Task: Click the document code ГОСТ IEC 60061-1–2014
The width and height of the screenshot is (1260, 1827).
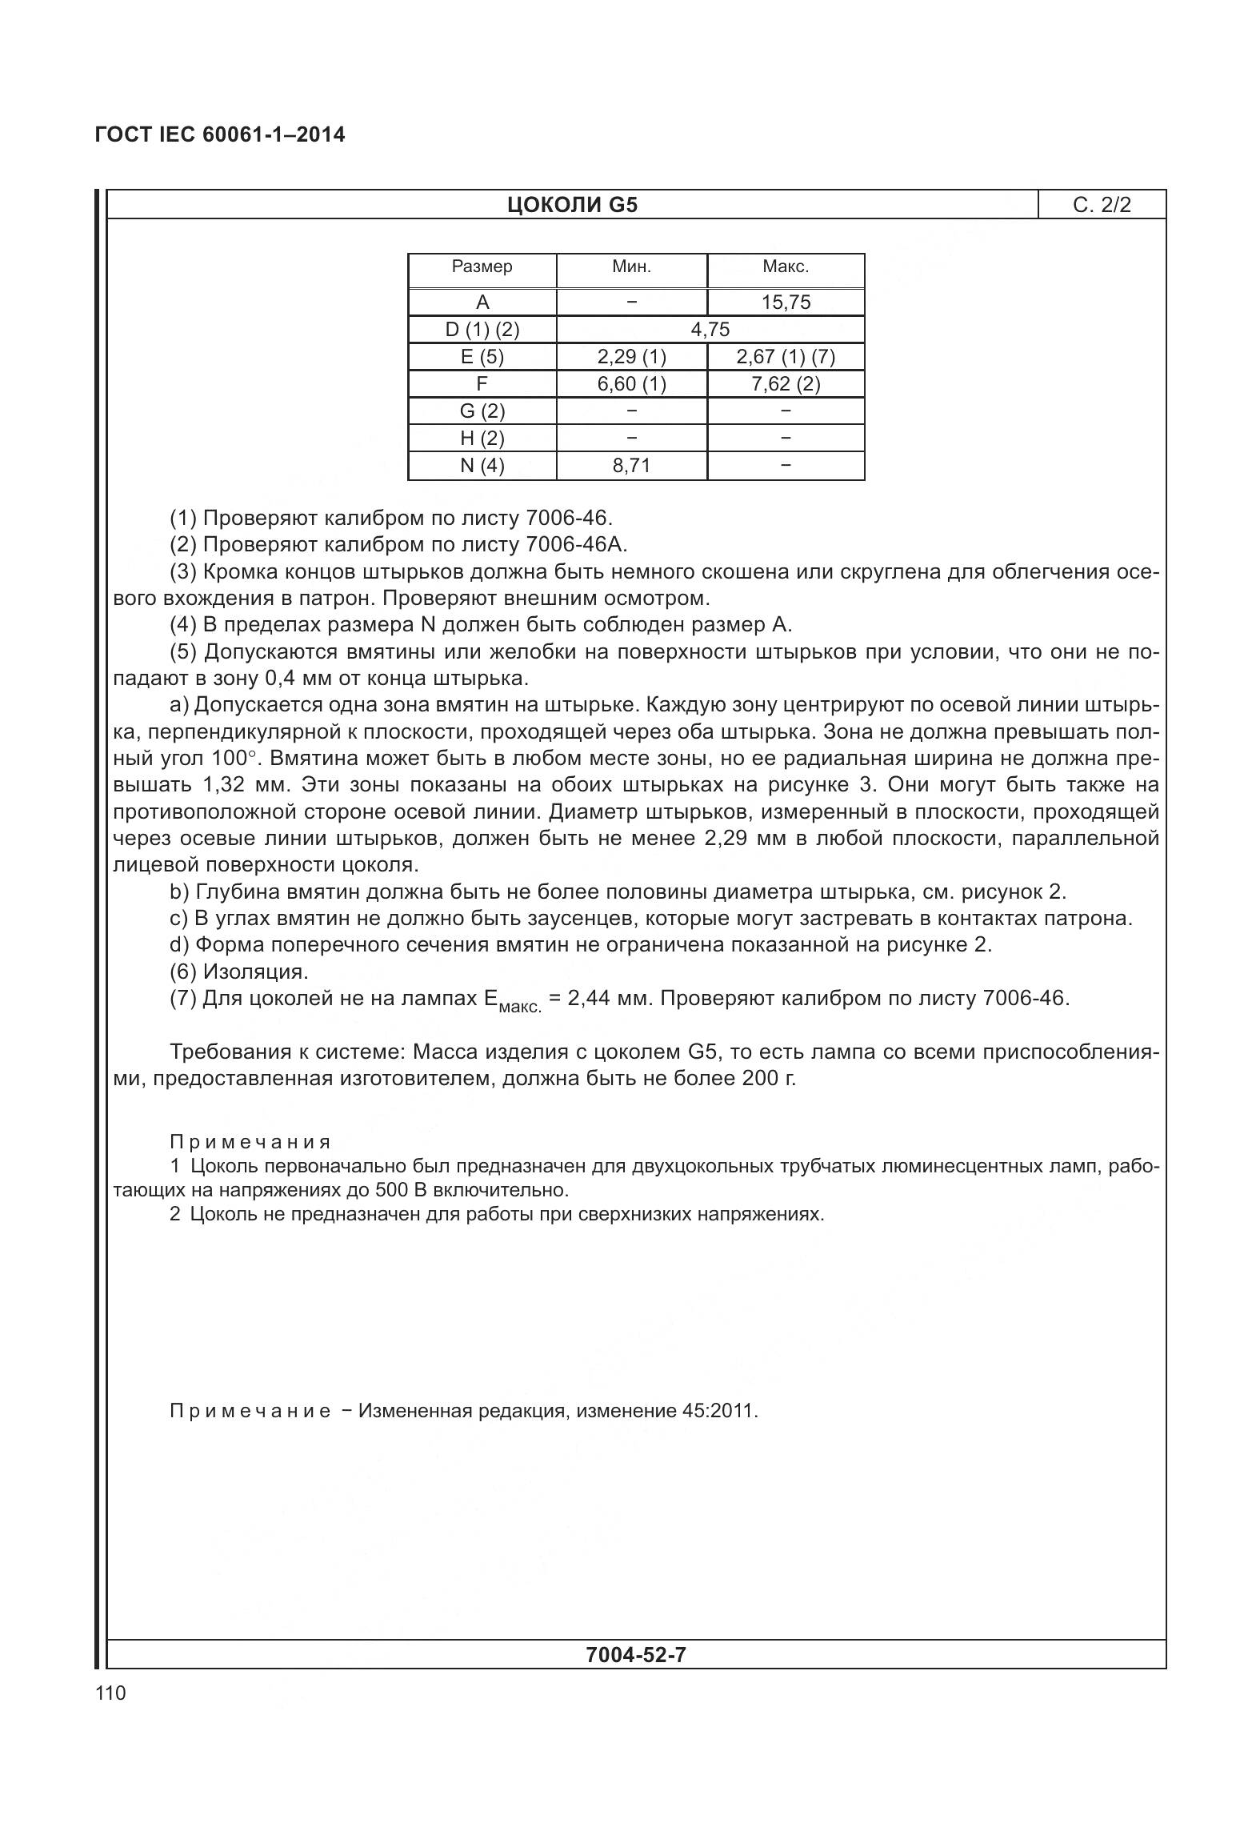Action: [220, 134]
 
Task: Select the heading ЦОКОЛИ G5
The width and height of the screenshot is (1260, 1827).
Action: [572, 205]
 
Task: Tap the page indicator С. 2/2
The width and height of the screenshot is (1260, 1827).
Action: [1102, 205]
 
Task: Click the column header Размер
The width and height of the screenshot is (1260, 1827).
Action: [482, 266]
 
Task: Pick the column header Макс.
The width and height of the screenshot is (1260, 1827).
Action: [786, 266]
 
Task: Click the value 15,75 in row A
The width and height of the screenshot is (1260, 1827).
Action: [786, 302]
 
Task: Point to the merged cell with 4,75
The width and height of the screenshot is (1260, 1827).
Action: [710, 330]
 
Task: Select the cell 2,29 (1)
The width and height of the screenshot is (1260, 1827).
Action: [631, 357]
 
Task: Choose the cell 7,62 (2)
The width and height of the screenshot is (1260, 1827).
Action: [786, 384]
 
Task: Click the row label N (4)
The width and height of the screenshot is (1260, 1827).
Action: [482, 466]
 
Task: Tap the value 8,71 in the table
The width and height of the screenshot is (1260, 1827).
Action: [631, 466]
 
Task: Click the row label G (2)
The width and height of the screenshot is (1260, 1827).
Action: [482, 411]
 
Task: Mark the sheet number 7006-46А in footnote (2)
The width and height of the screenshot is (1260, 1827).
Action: [576, 545]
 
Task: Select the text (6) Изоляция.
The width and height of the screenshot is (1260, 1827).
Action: [239, 972]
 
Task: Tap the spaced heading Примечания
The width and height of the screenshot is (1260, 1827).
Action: [250, 1142]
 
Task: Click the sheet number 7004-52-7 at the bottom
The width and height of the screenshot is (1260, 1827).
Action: [635, 1654]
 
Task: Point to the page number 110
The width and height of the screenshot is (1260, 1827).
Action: [110, 1693]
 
